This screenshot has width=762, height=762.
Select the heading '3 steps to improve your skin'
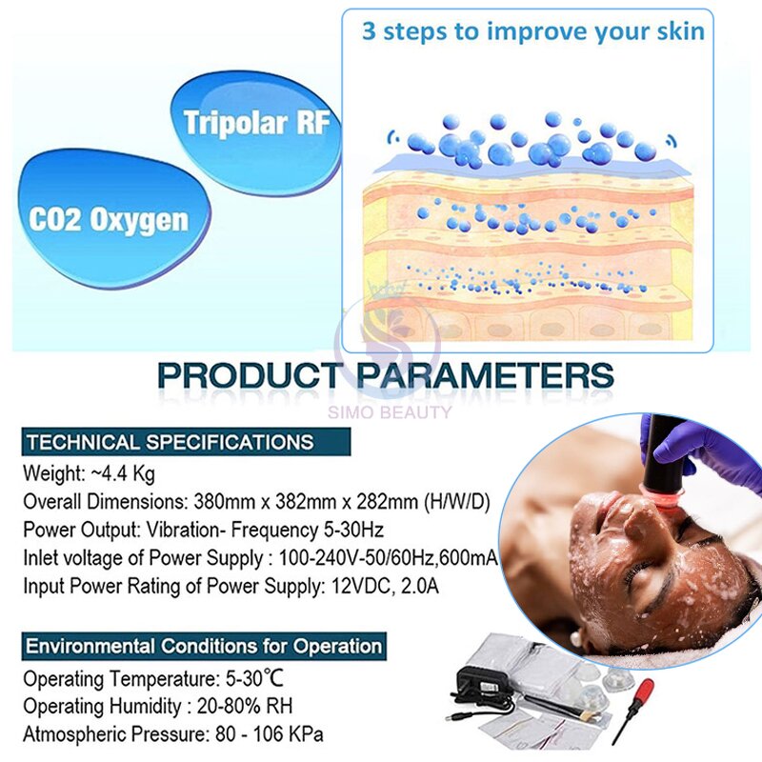pyautogui.click(x=532, y=30)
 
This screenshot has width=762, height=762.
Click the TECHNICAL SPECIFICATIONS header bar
pyautogui.click(x=169, y=442)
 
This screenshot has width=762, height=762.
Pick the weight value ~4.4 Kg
pyautogui.click(x=121, y=473)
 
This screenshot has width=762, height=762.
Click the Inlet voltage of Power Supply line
pyautogui.click(x=259, y=557)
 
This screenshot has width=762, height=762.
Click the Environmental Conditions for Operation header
pyautogui.click(x=204, y=646)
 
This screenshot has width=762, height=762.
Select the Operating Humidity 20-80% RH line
pyautogui.click(x=157, y=707)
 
